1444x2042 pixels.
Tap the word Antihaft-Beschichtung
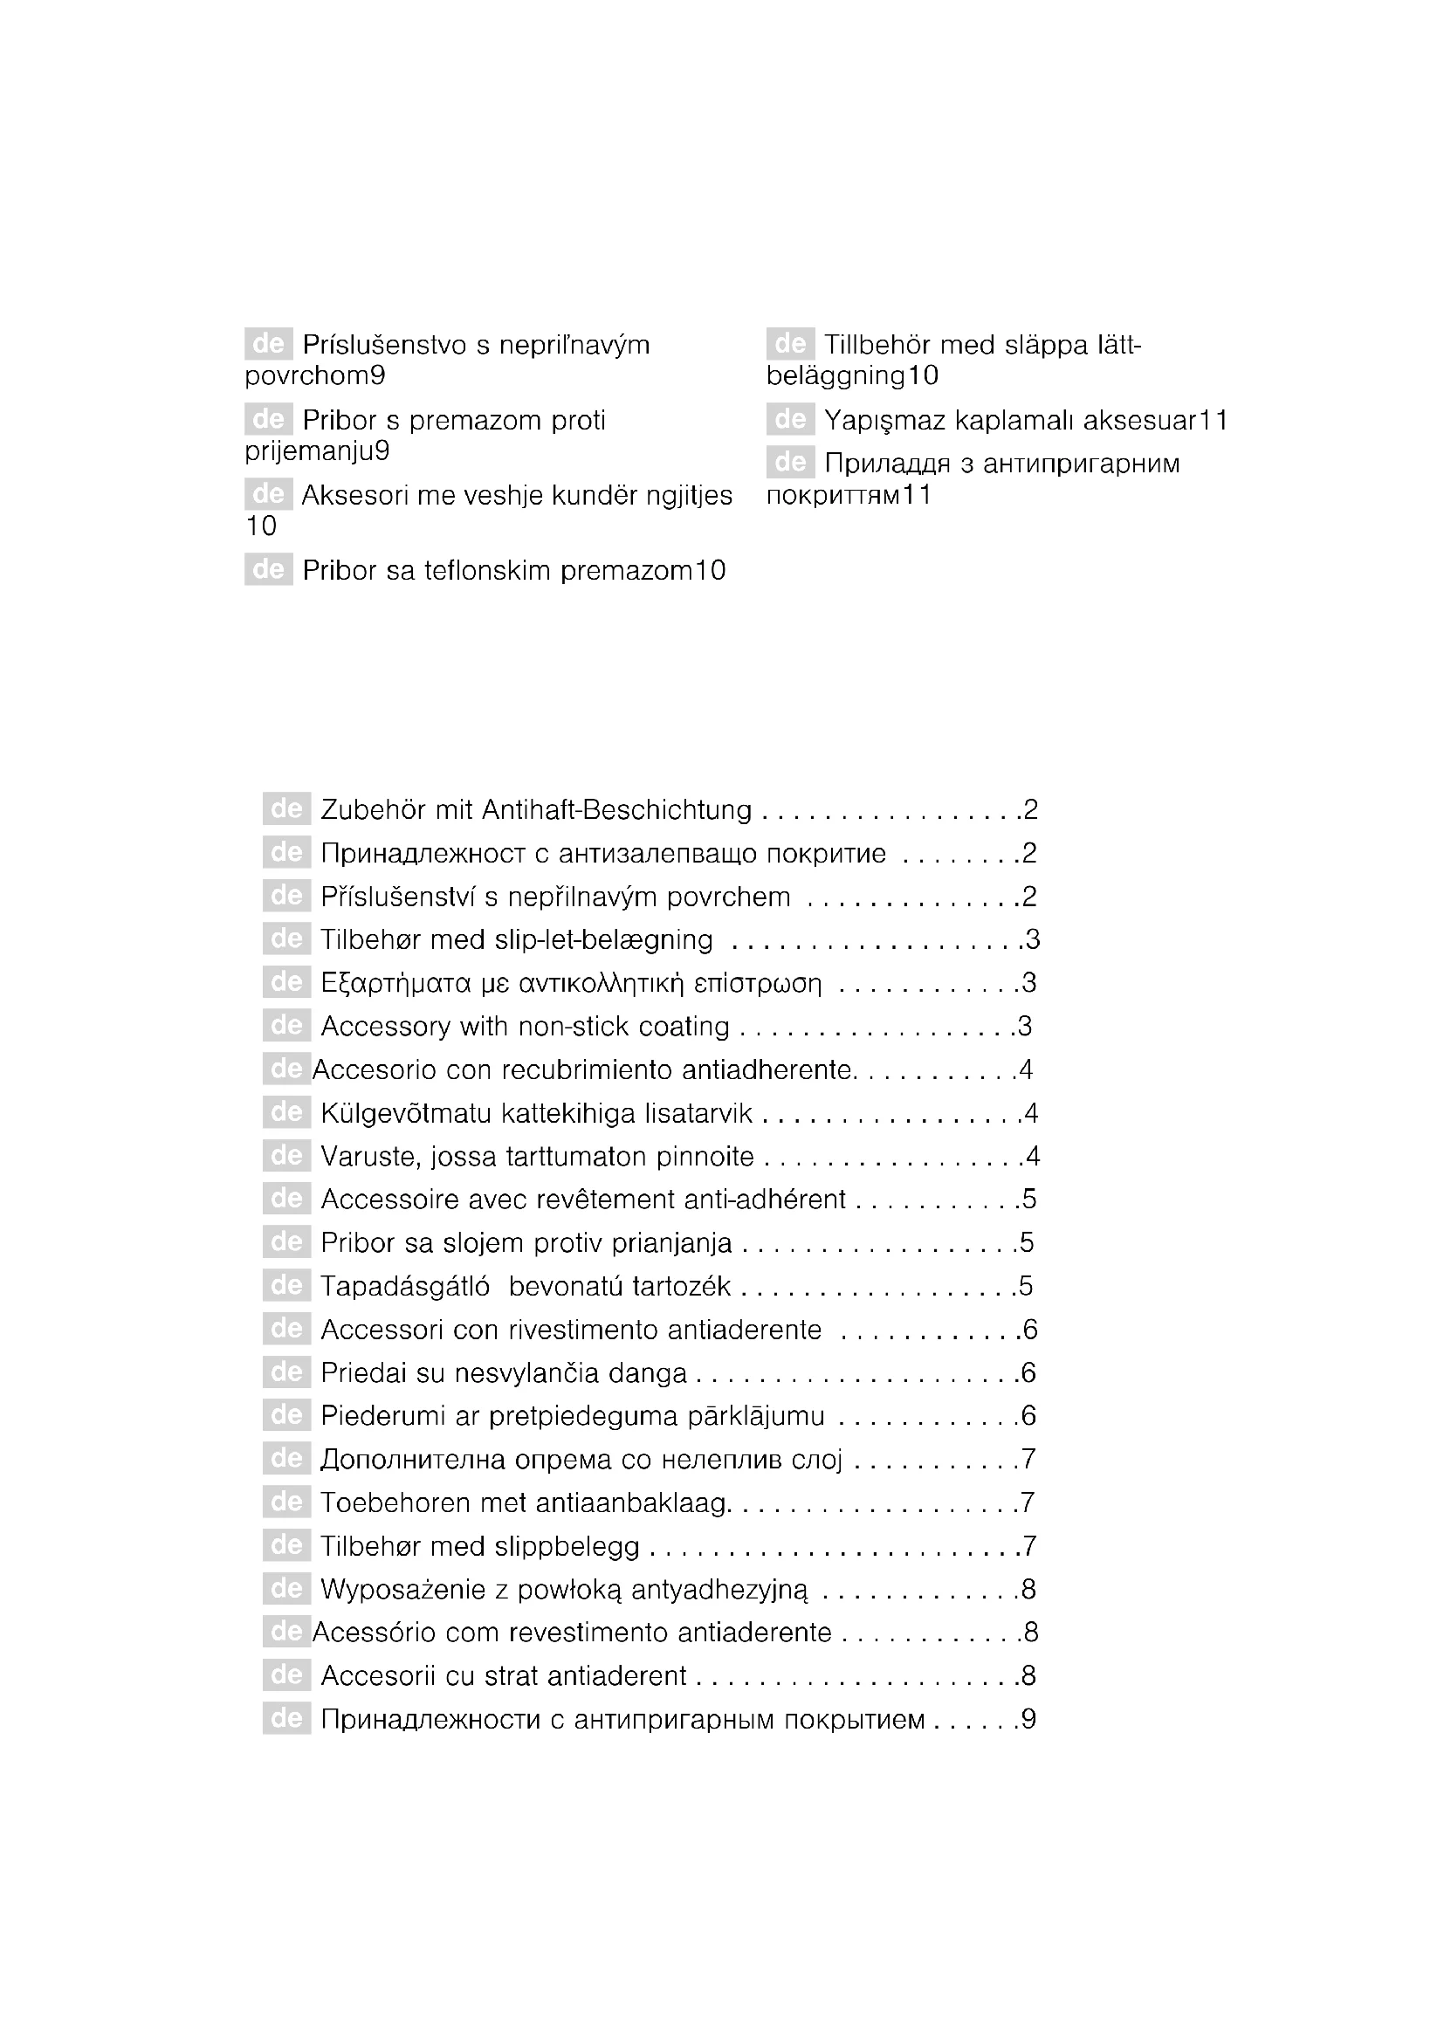(x=616, y=810)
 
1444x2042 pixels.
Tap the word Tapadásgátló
(x=404, y=1287)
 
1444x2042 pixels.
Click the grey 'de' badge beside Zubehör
(x=286, y=809)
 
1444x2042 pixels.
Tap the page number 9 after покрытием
(x=1028, y=1719)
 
